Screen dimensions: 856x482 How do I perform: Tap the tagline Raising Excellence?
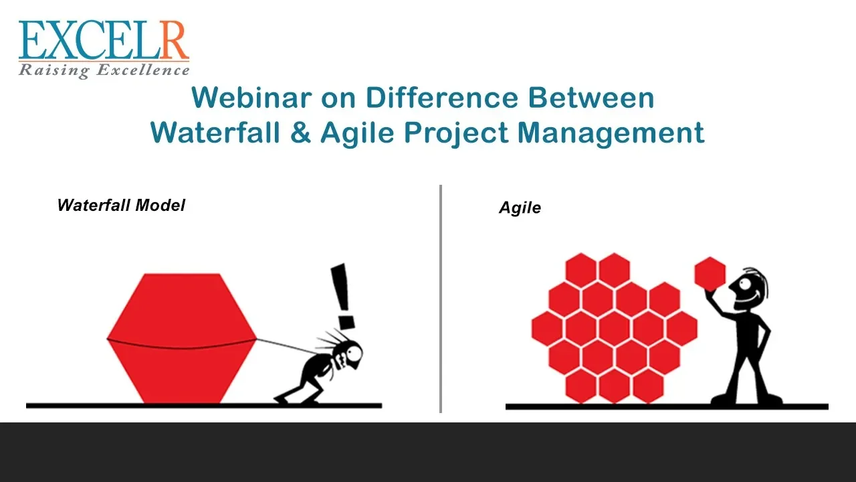(x=104, y=70)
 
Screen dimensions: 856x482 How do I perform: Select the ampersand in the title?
(x=300, y=133)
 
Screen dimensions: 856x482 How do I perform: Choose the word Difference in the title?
(x=442, y=98)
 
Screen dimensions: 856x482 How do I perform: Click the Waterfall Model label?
(x=121, y=206)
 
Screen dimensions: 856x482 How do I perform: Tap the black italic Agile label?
(x=520, y=208)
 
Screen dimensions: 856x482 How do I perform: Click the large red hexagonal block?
(x=182, y=338)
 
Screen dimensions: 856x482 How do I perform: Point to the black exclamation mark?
(x=343, y=297)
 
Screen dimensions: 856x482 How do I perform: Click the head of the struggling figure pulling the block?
(x=349, y=354)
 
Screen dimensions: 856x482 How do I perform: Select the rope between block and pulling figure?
(x=287, y=347)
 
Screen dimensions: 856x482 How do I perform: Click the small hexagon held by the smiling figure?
(x=710, y=274)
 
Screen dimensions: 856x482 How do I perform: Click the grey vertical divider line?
(x=441, y=299)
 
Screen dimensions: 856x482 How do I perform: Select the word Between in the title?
(x=592, y=98)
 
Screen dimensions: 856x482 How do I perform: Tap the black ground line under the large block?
(x=204, y=406)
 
